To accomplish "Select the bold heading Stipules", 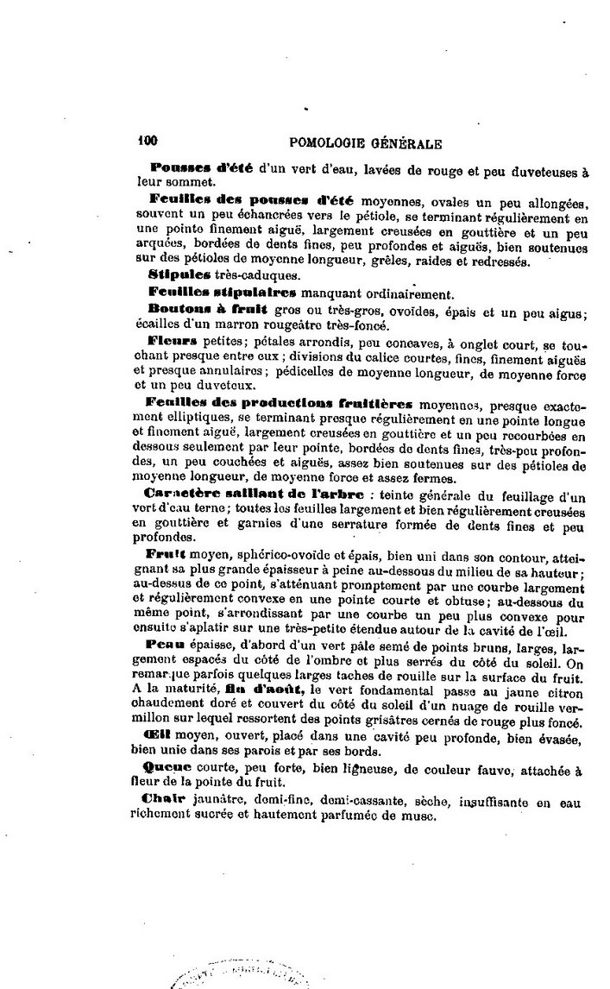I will tap(174, 275).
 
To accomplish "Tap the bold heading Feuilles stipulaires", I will tap(211, 293).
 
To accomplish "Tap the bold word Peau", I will tap(166, 644).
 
